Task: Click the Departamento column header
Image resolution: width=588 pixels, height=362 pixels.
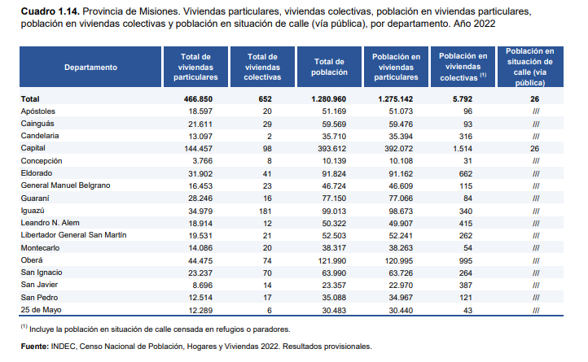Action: pos(90,68)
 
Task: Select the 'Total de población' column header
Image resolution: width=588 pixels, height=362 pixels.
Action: pos(329,68)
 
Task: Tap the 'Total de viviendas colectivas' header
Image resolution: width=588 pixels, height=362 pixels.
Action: pos(262,68)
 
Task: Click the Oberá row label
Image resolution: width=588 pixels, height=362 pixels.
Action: pos(32,260)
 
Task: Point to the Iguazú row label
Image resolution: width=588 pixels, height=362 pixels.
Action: pos(33,211)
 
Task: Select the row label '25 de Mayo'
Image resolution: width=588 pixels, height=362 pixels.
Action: pos(42,310)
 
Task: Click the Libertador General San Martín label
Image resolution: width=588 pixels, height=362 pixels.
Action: pos(74,235)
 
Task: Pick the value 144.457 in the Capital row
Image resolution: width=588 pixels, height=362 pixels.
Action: pos(199,149)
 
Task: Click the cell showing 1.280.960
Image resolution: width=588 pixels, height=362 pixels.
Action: pos(328,99)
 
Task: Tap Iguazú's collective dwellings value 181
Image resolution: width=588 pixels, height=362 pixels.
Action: pos(265,211)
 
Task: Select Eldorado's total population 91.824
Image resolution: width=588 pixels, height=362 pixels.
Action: pos(334,174)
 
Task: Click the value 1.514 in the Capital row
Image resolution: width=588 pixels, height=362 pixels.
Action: pos(463,149)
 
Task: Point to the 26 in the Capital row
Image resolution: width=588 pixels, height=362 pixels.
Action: pos(535,149)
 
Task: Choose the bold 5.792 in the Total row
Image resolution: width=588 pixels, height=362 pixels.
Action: pos(463,99)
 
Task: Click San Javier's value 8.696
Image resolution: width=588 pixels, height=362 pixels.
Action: pos(203,286)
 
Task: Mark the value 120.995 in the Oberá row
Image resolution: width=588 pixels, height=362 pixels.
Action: pos(398,261)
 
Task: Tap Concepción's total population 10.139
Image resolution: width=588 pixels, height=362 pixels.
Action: pos(334,161)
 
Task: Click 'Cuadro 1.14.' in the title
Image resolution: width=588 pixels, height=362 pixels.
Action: pos(50,11)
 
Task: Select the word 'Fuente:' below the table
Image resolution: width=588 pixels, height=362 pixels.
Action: pos(35,347)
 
